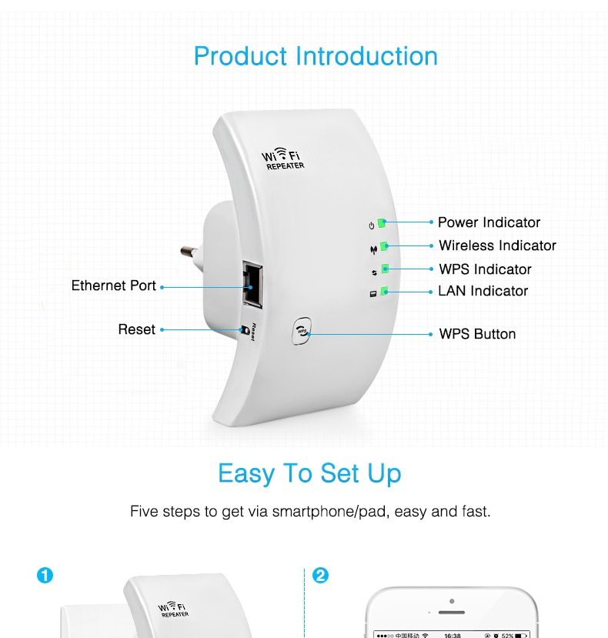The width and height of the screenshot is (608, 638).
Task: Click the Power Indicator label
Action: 489,222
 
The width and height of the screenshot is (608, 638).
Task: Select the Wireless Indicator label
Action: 497,246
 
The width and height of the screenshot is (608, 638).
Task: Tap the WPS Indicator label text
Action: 485,269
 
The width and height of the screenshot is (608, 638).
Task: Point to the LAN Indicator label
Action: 483,291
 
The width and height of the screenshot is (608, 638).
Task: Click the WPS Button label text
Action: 477,334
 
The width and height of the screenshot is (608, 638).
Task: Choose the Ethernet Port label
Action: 114,286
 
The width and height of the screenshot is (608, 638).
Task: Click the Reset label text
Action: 136,329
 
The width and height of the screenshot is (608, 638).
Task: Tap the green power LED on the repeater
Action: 382,223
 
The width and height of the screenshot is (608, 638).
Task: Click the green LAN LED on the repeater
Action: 384,292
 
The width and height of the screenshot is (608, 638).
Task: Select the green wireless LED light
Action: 383,246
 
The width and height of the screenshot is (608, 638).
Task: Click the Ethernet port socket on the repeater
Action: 252,279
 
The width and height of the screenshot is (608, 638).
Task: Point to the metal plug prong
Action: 188,251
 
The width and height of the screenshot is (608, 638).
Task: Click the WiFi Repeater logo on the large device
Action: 284,159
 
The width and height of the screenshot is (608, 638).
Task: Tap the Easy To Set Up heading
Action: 309,473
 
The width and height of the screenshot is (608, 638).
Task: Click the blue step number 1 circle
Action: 45,576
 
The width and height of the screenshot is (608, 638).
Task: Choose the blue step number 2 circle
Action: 320,576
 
